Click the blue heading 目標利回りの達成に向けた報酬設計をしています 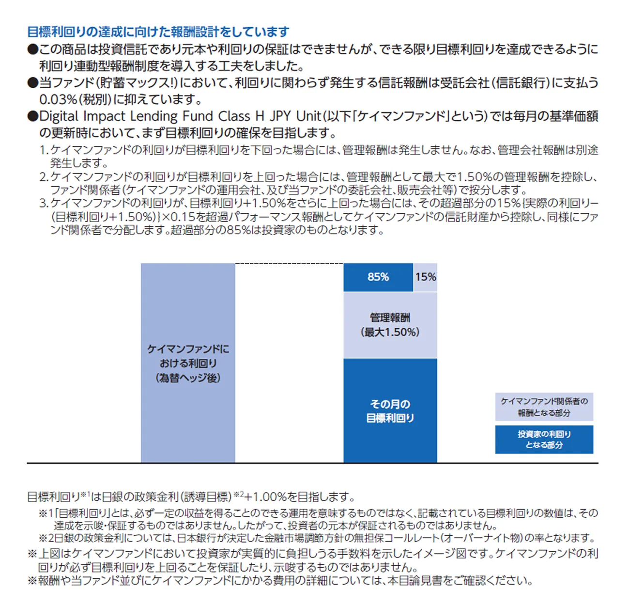click(x=158, y=32)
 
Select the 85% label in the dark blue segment click(x=378, y=277)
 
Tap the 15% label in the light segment click(x=426, y=277)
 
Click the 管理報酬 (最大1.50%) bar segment click(x=390, y=325)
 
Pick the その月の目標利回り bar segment click(x=390, y=411)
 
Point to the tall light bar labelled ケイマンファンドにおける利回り click(x=188, y=363)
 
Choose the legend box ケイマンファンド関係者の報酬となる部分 click(x=544, y=407)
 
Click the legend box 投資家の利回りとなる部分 click(x=544, y=440)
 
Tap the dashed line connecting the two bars click(x=289, y=264)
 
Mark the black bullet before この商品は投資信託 click(x=32, y=49)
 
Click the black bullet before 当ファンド click(x=32, y=83)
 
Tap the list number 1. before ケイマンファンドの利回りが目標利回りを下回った click(x=44, y=150)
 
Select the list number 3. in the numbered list click(x=44, y=203)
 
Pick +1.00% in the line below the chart click(x=265, y=497)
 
